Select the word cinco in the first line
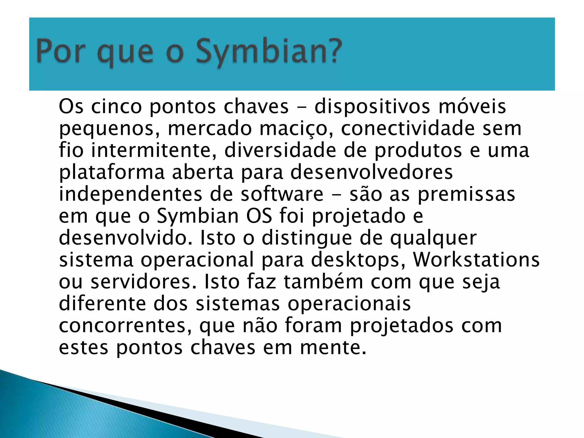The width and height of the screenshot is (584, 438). (x=116, y=106)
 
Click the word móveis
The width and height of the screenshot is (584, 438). (x=472, y=106)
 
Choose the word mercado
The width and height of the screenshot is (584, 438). (x=210, y=128)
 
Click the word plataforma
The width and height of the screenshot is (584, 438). (x=112, y=173)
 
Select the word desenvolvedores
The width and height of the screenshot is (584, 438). (x=371, y=172)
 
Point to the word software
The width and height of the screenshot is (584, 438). (x=282, y=194)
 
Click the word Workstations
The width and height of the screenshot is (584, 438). (x=476, y=260)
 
